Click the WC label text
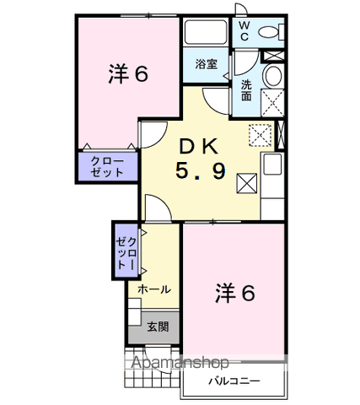[x=243, y=31]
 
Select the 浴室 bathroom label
[x=206, y=64]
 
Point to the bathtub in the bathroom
[x=205, y=35]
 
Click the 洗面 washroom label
[x=245, y=90]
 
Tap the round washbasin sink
[x=272, y=77]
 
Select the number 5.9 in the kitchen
[x=200, y=171]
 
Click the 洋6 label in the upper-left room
[x=128, y=74]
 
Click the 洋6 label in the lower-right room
[x=234, y=294]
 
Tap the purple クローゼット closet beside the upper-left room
[x=107, y=166]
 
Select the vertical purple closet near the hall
[x=125, y=249]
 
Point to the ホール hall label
[x=153, y=289]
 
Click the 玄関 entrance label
[x=158, y=327]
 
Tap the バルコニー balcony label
[x=234, y=381]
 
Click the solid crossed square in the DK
[x=248, y=182]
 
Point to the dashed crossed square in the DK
[x=261, y=134]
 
